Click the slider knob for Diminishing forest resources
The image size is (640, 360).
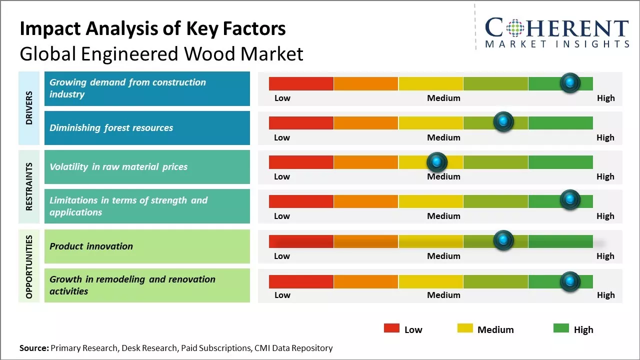[x=503, y=121]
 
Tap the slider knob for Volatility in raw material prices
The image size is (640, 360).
[x=437, y=161]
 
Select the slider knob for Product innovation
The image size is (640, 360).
[x=503, y=240]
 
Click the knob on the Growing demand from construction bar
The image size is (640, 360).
[x=569, y=82]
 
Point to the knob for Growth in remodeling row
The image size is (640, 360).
[x=569, y=281]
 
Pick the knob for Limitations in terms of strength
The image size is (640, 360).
[x=569, y=199]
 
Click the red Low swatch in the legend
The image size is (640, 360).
[x=391, y=328]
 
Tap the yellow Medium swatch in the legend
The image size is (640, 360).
[x=465, y=328]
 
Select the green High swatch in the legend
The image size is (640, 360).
[x=561, y=328]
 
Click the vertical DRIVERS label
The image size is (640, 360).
[x=29, y=107]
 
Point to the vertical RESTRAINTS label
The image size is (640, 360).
[x=29, y=186]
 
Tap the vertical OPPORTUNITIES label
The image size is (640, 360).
[x=29, y=266]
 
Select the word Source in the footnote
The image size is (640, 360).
[x=33, y=348]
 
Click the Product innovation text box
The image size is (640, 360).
[x=147, y=246]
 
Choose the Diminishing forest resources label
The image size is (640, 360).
[x=111, y=128]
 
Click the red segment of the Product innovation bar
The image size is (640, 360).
[x=301, y=241]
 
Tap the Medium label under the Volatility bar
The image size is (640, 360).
[x=443, y=176]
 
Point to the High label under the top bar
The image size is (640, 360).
[x=605, y=98]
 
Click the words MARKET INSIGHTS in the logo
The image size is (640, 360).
[x=557, y=44]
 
